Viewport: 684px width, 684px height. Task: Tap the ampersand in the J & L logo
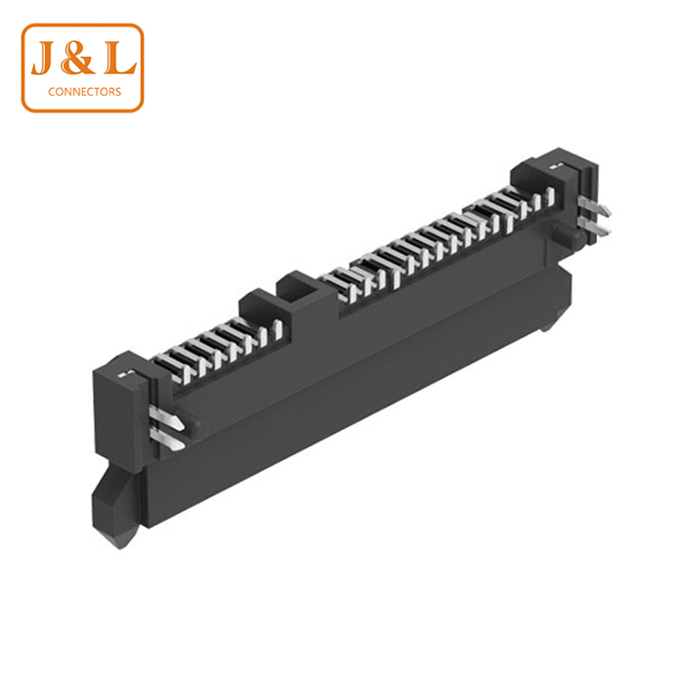click(x=82, y=62)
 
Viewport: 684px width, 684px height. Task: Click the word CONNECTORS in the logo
click(x=83, y=93)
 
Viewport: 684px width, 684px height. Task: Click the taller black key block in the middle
click(x=299, y=287)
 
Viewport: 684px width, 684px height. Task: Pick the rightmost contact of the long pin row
click(x=533, y=199)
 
